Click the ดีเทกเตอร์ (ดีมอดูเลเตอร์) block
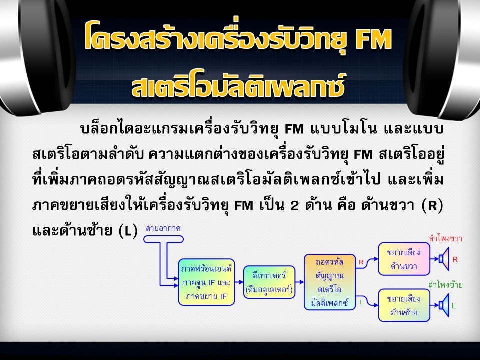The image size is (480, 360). click(x=269, y=282)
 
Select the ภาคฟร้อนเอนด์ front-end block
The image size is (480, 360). click(x=206, y=282)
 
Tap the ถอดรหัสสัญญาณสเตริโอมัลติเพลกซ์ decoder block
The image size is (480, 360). click(x=330, y=282)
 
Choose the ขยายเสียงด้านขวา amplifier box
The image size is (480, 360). click(x=404, y=259)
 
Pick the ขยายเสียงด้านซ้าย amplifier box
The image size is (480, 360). click(x=404, y=305)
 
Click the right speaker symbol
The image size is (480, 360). click(x=444, y=259)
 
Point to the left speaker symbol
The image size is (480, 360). click(x=444, y=305)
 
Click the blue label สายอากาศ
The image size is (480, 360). click(x=163, y=228)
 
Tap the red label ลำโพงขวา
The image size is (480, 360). click(x=445, y=238)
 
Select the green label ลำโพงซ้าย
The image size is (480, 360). click(x=445, y=285)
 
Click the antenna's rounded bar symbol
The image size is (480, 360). click(x=164, y=239)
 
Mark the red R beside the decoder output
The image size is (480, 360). click(x=361, y=262)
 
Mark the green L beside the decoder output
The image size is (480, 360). click(x=361, y=302)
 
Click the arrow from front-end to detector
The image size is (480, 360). click(x=239, y=282)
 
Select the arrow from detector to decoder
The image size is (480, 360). click(x=300, y=282)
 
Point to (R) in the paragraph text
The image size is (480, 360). click(x=432, y=205)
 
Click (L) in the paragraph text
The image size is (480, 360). click(x=128, y=231)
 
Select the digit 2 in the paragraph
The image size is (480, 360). click(x=294, y=205)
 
